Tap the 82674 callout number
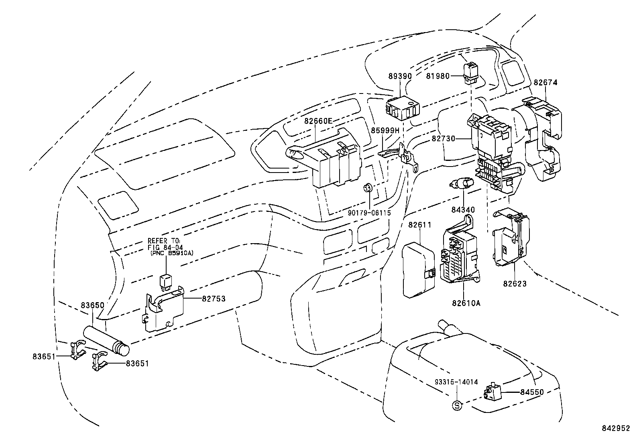(545, 83)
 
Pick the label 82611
(420, 225)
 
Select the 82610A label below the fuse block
(466, 303)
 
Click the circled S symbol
(457, 405)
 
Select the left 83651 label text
(44, 356)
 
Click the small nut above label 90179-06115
(368, 188)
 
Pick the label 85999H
(385, 130)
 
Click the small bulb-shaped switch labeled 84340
(462, 185)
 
